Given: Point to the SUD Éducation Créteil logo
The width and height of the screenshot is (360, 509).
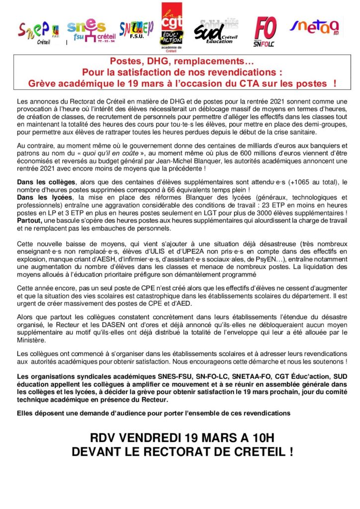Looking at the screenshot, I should click(x=215, y=32).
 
